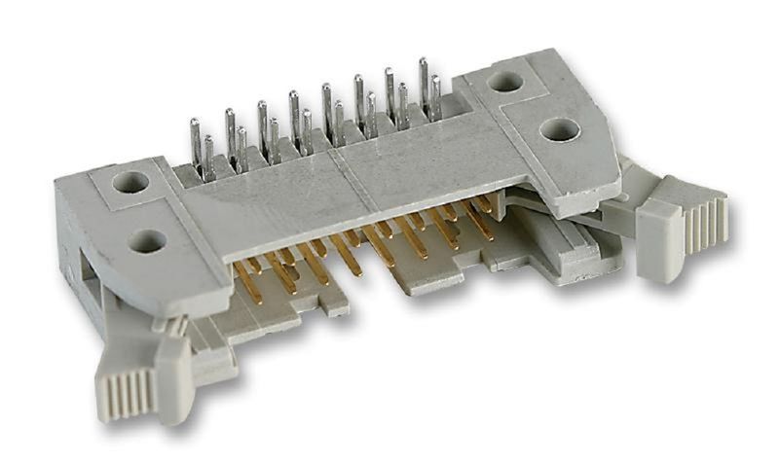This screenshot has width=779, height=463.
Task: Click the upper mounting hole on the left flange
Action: tap(129, 181)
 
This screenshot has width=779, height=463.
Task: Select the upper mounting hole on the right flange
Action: tap(504, 82)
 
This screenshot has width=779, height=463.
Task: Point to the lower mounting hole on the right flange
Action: tap(559, 129)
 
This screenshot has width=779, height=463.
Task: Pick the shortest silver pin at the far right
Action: tap(435, 97)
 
